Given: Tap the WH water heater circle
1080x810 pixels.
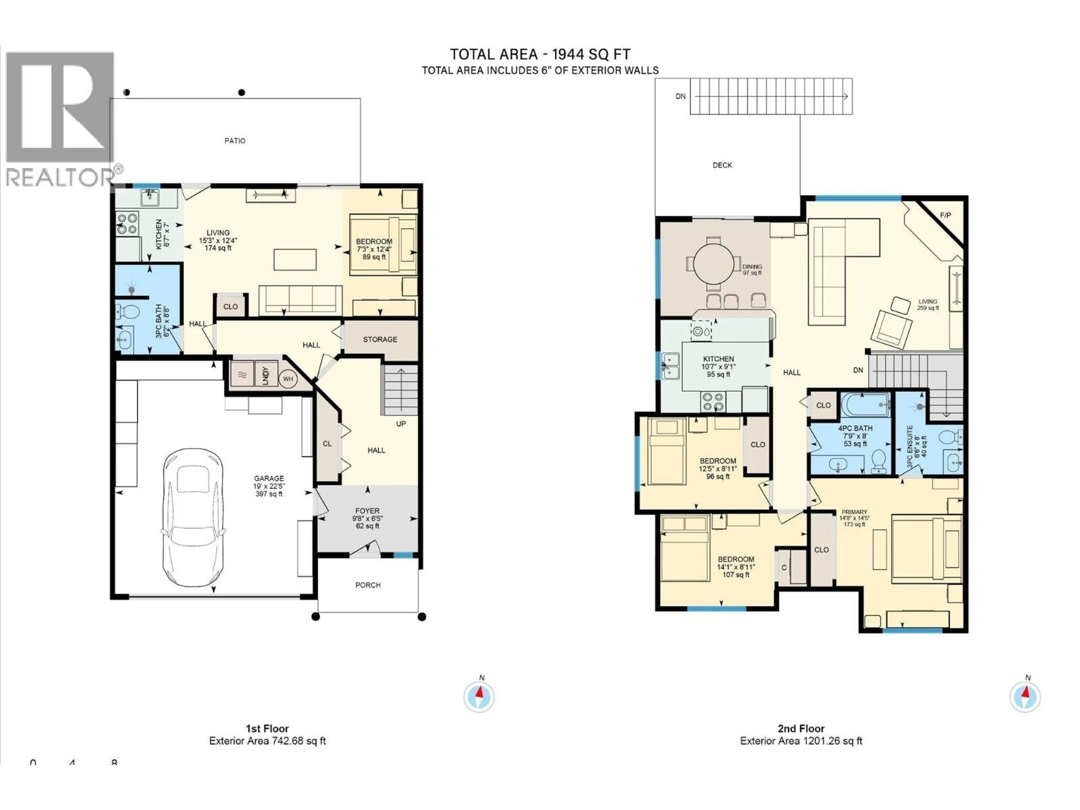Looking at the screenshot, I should tap(288, 379).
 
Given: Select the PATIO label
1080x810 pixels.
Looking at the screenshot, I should tap(235, 141).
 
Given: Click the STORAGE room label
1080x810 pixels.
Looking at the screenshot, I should tap(380, 339).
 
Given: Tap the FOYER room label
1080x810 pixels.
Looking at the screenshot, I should tap(367, 511).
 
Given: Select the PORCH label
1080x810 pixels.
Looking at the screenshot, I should tap(368, 585).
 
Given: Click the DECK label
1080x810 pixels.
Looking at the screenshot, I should tap(722, 165).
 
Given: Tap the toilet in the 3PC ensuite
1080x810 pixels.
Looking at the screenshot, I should tap(949, 436).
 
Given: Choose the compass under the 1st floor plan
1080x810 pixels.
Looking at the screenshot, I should tap(479, 697).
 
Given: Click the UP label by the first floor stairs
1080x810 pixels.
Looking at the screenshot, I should tap(400, 424).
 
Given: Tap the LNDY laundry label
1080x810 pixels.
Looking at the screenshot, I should tap(265, 375).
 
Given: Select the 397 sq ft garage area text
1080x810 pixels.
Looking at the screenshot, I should tap(269, 494).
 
